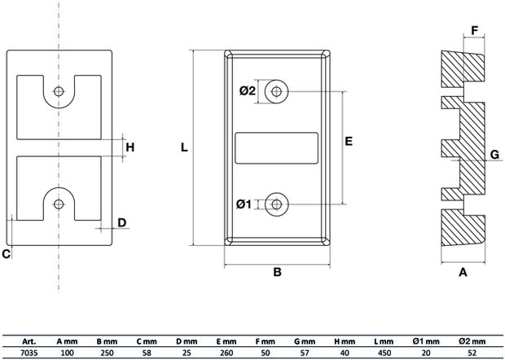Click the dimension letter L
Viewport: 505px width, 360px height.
pyautogui.click(x=184, y=147)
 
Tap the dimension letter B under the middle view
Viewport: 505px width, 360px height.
pyautogui.click(x=277, y=272)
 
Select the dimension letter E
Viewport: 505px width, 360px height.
pyautogui.click(x=349, y=141)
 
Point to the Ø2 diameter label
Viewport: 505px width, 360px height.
pyautogui.click(x=247, y=90)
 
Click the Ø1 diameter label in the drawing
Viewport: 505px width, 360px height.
pyautogui.click(x=244, y=204)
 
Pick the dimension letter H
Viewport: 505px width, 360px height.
pyautogui.click(x=130, y=147)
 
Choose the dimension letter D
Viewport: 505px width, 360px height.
pyautogui.click(x=121, y=222)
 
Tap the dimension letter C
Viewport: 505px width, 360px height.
pyautogui.click(x=7, y=254)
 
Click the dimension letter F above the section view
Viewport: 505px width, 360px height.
pyautogui.click(x=474, y=31)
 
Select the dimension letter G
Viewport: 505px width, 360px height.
pyautogui.click(x=494, y=155)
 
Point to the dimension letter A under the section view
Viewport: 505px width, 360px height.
pyautogui.click(x=463, y=272)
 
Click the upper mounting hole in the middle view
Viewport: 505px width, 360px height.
pyautogui.click(x=276, y=91)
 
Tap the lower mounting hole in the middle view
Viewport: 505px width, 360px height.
pyautogui.click(x=276, y=204)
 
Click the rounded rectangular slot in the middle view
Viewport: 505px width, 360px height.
pyautogui.click(x=277, y=148)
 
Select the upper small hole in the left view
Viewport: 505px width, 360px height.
pyautogui.click(x=59, y=91)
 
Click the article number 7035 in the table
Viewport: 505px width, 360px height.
pyautogui.click(x=29, y=353)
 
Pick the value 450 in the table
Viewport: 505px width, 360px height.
pyautogui.click(x=384, y=353)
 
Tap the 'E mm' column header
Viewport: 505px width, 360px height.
pyautogui.click(x=226, y=341)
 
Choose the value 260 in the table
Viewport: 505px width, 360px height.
pyautogui.click(x=226, y=353)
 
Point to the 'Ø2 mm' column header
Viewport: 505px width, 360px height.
pyautogui.click(x=472, y=341)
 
